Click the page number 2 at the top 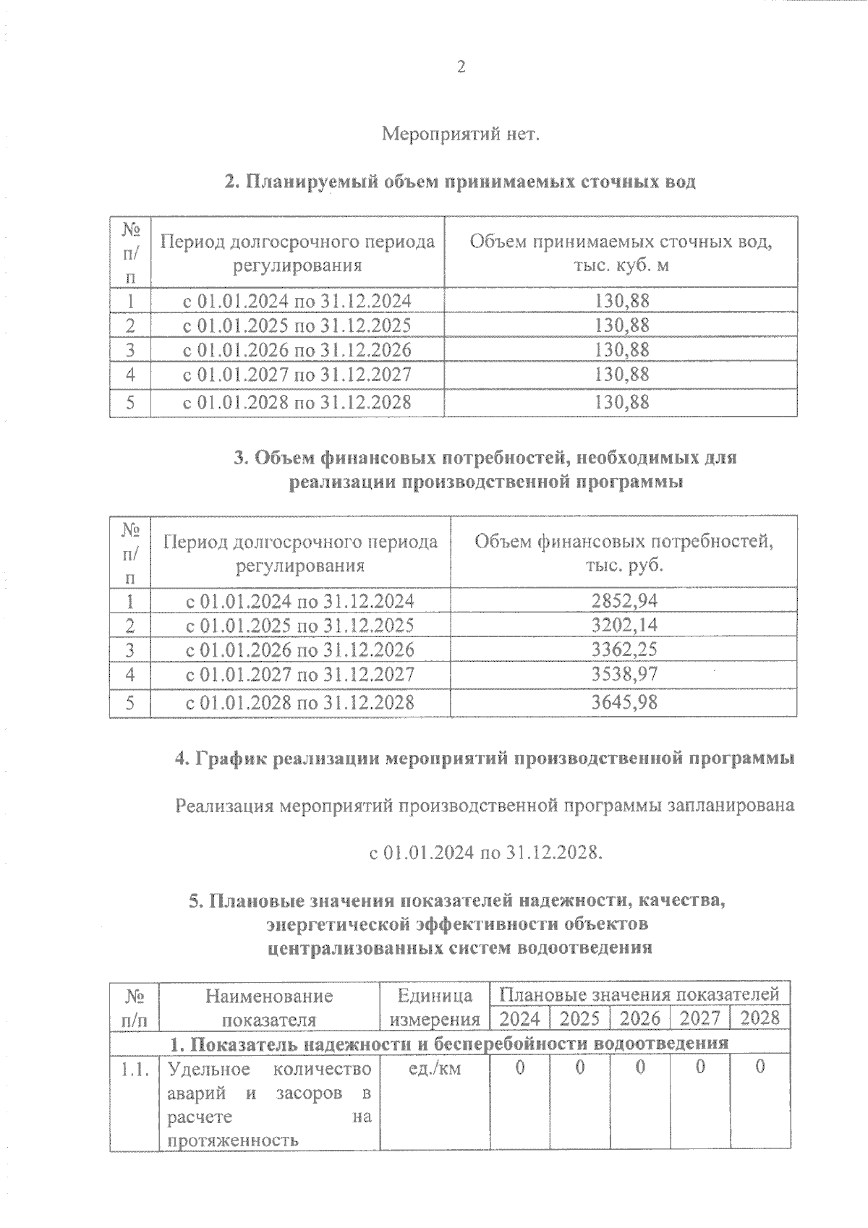pyautogui.click(x=461, y=67)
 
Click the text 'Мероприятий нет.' pyautogui.click(x=460, y=135)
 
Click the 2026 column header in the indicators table pyautogui.click(x=640, y=1018)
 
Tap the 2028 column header pyautogui.click(x=760, y=1018)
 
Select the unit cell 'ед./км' pyautogui.click(x=434, y=1068)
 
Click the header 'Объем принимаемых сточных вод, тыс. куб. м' pyautogui.click(x=621, y=252)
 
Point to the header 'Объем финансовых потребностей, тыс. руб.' pyautogui.click(x=624, y=553)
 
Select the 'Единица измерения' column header pyautogui.click(x=435, y=1007)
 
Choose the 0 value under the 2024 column pyautogui.click(x=520, y=1068)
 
